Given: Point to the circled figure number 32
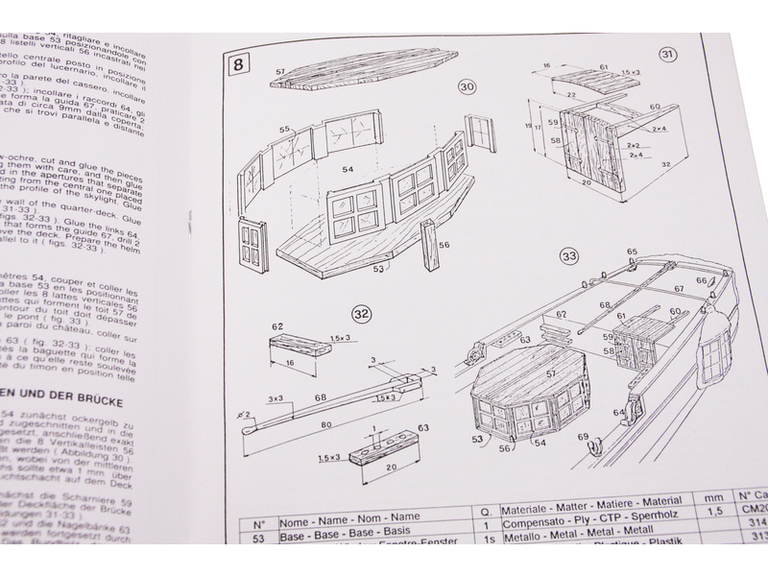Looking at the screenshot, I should tap(361, 313).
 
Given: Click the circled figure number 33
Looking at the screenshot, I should tap(569, 256).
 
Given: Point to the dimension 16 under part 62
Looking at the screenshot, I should tap(288, 363).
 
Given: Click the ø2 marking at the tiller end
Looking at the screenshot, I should tap(248, 414).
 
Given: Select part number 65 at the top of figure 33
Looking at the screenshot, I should tap(631, 252).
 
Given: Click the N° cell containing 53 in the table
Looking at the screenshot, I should tap(257, 540).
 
